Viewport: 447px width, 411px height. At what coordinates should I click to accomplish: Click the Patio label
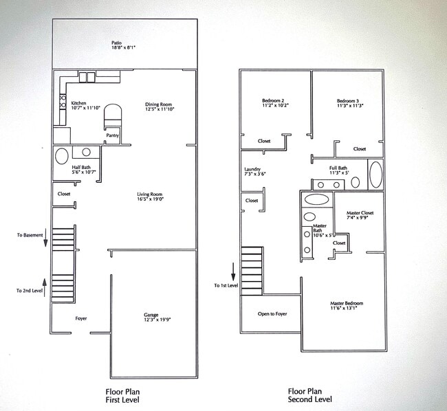pos(117,43)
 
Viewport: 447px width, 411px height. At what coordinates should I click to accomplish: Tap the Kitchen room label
pos(79,104)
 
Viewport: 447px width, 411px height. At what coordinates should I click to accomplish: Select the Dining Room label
pos(157,104)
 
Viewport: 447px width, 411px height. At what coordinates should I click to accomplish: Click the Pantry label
pos(112,135)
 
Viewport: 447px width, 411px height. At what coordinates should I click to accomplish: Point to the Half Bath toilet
pos(62,155)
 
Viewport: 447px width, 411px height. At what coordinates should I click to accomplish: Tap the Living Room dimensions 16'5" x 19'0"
pos(150,199)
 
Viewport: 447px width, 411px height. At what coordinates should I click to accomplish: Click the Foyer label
pos(81,318)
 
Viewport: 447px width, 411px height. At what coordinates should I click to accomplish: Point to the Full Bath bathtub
pos(376,175)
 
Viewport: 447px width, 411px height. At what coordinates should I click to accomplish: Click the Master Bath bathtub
pos(316,200)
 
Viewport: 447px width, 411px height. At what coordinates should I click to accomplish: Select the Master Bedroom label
pos(347,303)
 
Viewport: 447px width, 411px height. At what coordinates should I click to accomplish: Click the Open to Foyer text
pos(272,313)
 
